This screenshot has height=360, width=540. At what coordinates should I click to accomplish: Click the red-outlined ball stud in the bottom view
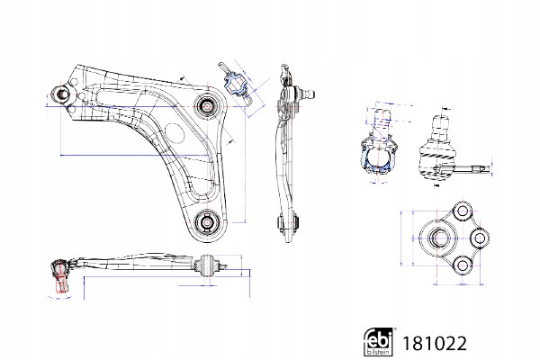[x=59, y=279]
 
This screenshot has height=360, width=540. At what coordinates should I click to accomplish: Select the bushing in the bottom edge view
[x=210, y=265]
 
